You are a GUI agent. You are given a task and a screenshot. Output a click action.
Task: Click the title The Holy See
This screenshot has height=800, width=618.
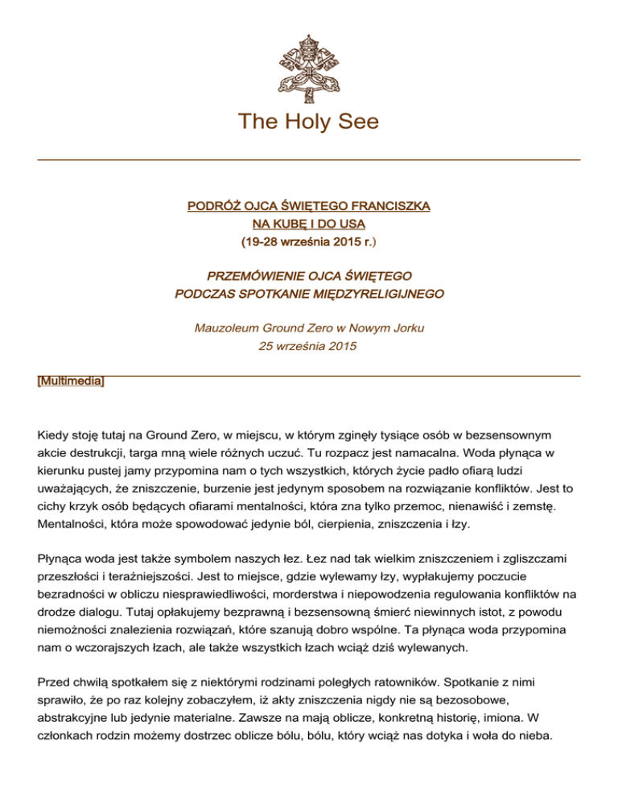pos(309,122)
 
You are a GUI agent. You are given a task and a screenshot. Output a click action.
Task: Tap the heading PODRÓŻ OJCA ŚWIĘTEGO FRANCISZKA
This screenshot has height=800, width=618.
pos(309,207)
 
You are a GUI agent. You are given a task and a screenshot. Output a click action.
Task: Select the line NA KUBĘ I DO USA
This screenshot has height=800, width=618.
pos(309,224)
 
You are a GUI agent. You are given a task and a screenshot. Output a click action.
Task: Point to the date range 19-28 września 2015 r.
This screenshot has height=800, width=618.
pos(308,241)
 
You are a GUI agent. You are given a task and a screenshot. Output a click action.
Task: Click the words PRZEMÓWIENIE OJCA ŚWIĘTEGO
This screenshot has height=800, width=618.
pos(309,278)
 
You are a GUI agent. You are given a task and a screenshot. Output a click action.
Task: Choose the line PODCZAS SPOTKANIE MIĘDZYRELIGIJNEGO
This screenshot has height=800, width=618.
pos(309,295)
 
